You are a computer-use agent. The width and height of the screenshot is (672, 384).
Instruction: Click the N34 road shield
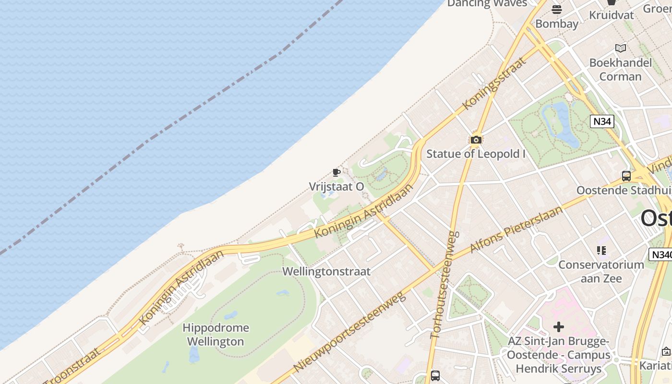tap(602, 121)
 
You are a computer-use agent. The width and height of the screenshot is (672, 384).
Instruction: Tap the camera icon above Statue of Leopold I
tap(476, 140)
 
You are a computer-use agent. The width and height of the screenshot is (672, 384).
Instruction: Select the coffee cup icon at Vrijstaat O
tap(336, 172)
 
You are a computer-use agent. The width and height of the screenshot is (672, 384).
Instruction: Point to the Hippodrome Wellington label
tap(216, 335)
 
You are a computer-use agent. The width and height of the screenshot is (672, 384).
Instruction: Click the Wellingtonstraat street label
tap(326, 271)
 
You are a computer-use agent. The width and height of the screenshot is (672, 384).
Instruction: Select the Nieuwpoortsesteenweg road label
tap(349, 331)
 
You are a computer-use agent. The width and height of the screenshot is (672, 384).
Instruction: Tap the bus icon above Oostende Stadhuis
tap(626, 176)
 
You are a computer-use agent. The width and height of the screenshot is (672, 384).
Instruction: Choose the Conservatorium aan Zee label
tap(601, 271)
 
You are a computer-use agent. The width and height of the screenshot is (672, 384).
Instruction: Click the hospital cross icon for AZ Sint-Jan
tap(558, 327)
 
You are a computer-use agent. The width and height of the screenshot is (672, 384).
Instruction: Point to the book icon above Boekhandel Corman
tap(621, 48)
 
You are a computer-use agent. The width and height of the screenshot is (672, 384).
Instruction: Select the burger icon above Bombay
tap(557, 10)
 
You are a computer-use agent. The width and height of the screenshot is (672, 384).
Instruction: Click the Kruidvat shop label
tap(611, 15)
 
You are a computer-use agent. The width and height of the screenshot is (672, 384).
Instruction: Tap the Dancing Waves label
tap(487, 3)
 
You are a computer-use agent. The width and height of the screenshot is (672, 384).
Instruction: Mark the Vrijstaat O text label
tap(336, 187)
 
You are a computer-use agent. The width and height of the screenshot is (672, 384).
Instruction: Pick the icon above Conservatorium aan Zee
tap(601, 251)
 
